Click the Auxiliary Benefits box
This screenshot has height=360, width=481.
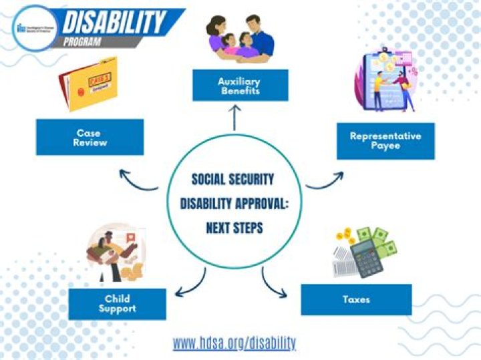[240, 86]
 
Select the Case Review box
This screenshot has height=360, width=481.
[90, 137]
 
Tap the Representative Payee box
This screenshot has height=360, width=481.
[385, 140]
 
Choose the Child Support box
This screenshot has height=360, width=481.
[117, 304]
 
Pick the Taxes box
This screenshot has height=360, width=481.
[355, 299]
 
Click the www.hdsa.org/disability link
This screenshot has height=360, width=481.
[234, 343]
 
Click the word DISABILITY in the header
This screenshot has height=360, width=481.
[114, 23]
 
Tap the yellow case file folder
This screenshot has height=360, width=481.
[90, 83]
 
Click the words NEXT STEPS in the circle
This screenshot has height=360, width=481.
[234, 228]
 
